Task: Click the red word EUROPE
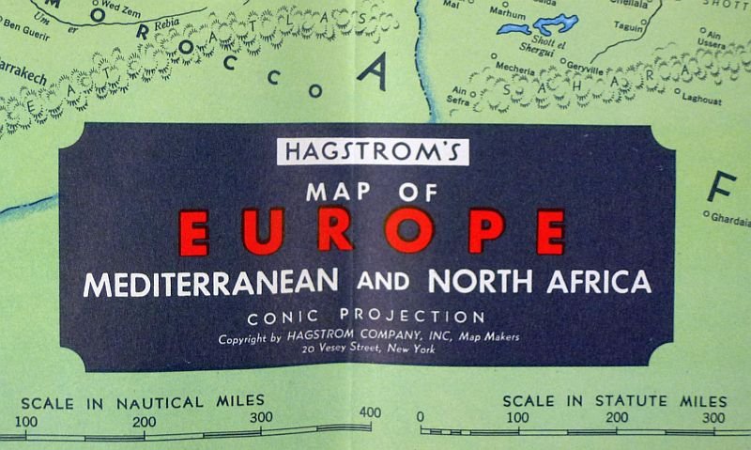click(x=372, y=230)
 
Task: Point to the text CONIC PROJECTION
click(x=367, y=317)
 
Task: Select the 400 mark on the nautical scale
click(x=370, y=413)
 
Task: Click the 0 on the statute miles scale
click(x=421, y=416)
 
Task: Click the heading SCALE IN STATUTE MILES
click(x=614, y=399)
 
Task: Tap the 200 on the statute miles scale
click(x=616, y=416)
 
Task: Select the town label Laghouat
click(x=702, y=99)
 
